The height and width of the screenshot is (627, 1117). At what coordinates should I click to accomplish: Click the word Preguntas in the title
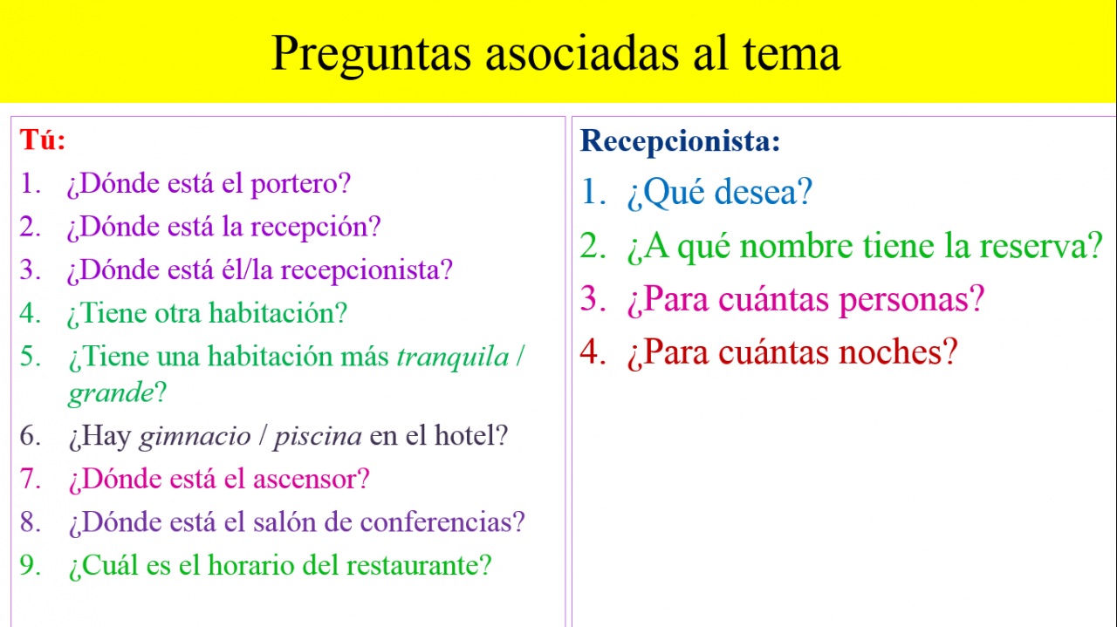pos(371,55)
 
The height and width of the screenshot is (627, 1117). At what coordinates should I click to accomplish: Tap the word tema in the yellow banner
pos(791,54)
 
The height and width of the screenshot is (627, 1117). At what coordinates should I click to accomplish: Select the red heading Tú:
pos(43,140)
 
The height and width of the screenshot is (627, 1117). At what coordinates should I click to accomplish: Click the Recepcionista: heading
pos(680,141)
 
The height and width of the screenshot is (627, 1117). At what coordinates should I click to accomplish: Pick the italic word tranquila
pos(453,357)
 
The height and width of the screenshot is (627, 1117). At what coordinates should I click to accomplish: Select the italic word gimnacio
pos(195,437)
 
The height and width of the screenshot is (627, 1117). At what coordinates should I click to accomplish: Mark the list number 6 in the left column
pos(30,436)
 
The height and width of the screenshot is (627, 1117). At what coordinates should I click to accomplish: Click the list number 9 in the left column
pos(30,566)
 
